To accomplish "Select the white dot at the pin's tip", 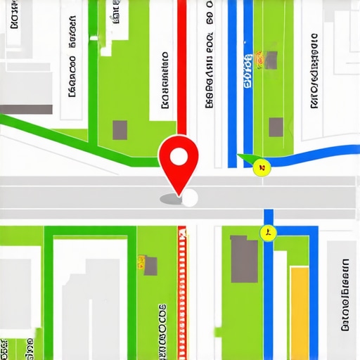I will point(190,199).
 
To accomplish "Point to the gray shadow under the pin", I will point(171,200).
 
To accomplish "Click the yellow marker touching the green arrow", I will point(262,167).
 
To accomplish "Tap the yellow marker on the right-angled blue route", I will point(268,233).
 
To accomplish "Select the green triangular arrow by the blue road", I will point(245,159).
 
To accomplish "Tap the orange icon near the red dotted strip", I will point(148,264).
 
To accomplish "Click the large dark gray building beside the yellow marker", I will point(244,259).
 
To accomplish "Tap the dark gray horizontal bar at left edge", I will point(26,109).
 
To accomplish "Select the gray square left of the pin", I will point(120,130).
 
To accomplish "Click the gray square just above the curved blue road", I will point(276,127).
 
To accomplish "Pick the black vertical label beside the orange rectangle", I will point(345,295).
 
